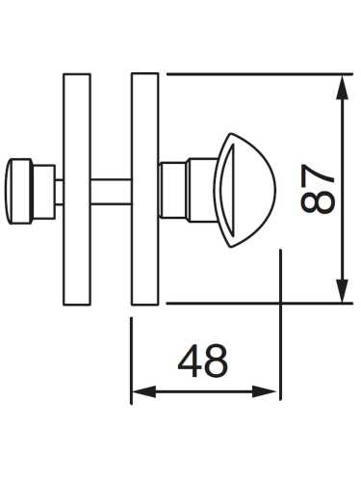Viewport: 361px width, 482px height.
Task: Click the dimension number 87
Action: pyautogui.click(x=317, y=190)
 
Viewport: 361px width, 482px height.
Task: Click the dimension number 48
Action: pyautogui.click(x=203, y=361)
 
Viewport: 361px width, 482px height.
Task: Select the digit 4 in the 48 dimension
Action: pyautogui.click(x=190, y=361)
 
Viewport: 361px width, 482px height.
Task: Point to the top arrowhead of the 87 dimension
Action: pyautogui.click(x=343, y=87)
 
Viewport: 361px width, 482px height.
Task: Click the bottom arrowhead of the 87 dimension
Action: pyautogui.click(x=343, y=291)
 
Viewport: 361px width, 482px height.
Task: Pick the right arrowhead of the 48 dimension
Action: pyautogui.click(x=264, y=392)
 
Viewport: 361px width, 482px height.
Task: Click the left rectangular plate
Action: pyautogui.click(x=77, y=189)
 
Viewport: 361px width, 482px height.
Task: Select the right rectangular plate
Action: pyautogui.click(x=145, y=189)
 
